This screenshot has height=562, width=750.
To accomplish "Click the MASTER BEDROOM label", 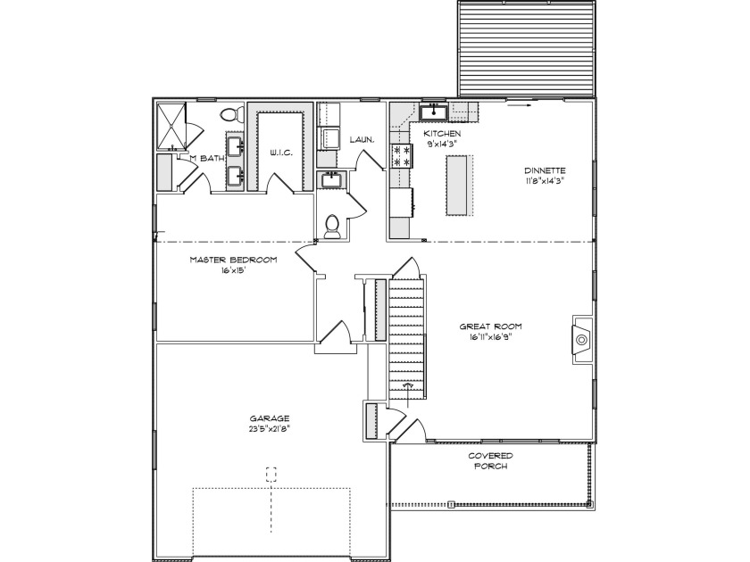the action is [x=233, y=260].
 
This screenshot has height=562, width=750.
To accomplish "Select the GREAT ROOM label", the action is [x=491, y=326].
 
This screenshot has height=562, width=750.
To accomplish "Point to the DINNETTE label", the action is [x=545, y=170].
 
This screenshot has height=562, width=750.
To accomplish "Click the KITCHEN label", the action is [x=443, y=134].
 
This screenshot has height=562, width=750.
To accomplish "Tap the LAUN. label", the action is [x=362, y=140].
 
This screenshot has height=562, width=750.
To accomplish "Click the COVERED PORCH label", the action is [x=491, y=461].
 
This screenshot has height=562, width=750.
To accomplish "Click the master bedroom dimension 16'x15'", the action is [x=233, y=271].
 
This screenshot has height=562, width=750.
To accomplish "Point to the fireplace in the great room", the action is [x=581, y=340].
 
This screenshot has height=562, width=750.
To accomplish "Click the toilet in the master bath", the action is [x=230, y=114].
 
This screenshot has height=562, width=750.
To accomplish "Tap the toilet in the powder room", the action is [x=331, y=227].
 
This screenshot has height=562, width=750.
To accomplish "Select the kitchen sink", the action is [x=434, y=112].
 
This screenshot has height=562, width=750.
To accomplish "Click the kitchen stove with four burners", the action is [x=402, y=156].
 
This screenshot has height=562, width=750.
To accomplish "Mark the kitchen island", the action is [x=458, y=185].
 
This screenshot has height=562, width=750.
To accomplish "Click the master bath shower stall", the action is [x=171, y=126].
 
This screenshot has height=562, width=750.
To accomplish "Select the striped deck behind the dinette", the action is [x=527, y=49].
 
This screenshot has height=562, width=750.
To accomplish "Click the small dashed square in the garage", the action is [x=271, y=474].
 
